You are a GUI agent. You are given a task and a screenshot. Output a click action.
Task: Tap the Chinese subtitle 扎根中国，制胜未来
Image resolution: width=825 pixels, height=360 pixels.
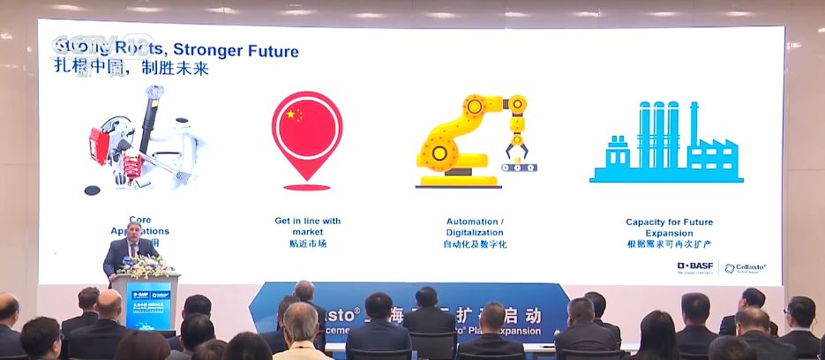pyautogui.click(x=135, y=69)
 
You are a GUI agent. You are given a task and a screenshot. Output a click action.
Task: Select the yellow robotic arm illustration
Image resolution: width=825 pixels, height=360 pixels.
pyautogui.click(x=470, y=139)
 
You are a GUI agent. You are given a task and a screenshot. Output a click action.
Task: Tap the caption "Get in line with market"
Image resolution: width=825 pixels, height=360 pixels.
pyautogui.click(x=307, y=226)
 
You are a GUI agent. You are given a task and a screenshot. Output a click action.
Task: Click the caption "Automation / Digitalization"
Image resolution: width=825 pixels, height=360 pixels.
pyautogui.click(x=475, y=226)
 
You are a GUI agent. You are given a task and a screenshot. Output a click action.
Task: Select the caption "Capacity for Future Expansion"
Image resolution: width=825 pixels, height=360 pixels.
pyautogui.click(x=669, y=227)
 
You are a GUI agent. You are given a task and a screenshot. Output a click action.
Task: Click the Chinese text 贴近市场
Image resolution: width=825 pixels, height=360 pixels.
pyautogui.click(x=307, y=244)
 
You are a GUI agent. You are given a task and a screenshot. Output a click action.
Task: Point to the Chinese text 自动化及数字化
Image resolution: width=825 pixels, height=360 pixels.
pyautogui.click(x=475, y=244)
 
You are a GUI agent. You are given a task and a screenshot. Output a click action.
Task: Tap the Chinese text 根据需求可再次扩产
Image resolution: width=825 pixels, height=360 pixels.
pyautogui.click(x=669, y=244)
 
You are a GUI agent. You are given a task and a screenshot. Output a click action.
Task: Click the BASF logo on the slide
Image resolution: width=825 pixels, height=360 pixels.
pyautogui.click(x=695, y=266)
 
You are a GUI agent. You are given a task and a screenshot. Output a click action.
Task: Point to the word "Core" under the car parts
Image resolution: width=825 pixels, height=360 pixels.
pyautogui.click(x=139, y=221)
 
